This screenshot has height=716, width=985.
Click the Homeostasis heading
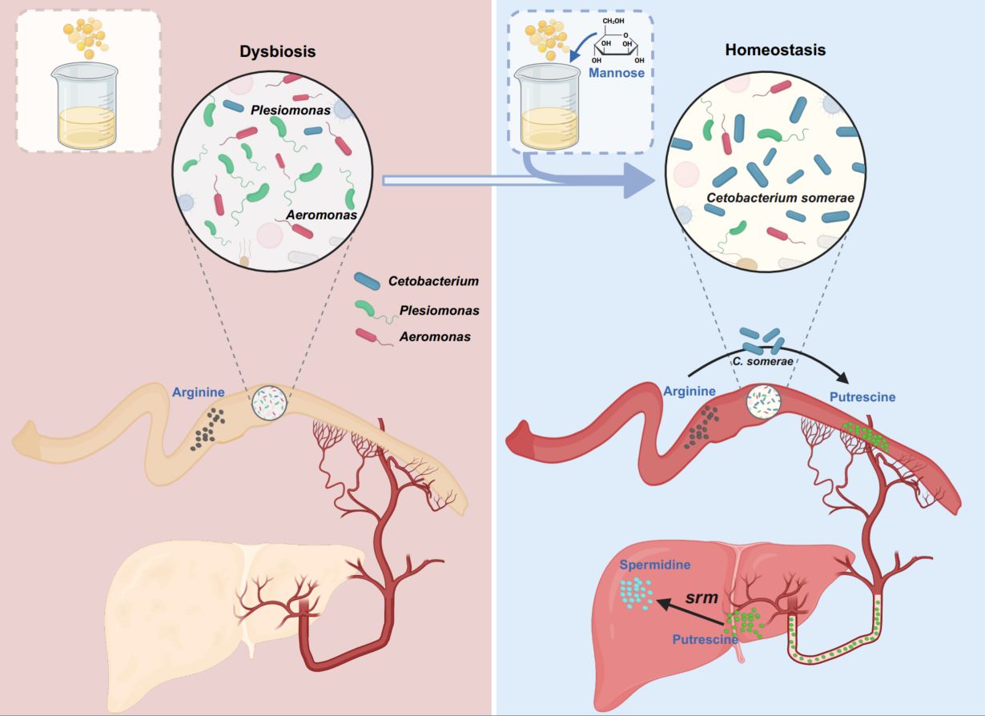(x=775, y=50)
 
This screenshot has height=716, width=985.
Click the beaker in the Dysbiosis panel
(x=87, y=106)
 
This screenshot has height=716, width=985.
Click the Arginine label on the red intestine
(x=689, y=391)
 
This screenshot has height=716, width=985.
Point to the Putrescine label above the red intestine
(x=862, y=396)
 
